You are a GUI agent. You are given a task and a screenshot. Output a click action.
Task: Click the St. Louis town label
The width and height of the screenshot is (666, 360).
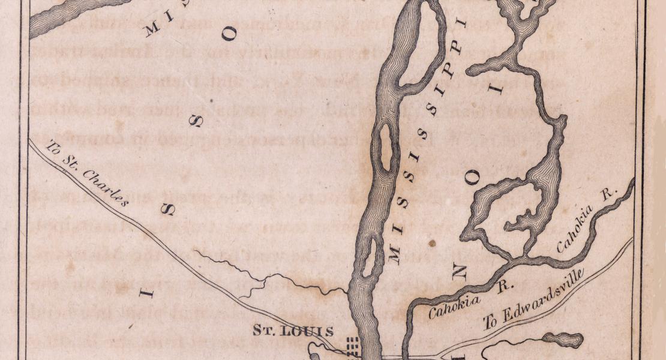[293, 330]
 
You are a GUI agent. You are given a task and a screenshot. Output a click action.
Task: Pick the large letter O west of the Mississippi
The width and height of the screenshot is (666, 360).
[229, 34]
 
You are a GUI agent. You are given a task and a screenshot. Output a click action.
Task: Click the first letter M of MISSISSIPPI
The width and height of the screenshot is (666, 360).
[394, 257]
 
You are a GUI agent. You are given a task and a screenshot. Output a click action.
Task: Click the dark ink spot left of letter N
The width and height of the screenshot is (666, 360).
[432, 244]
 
